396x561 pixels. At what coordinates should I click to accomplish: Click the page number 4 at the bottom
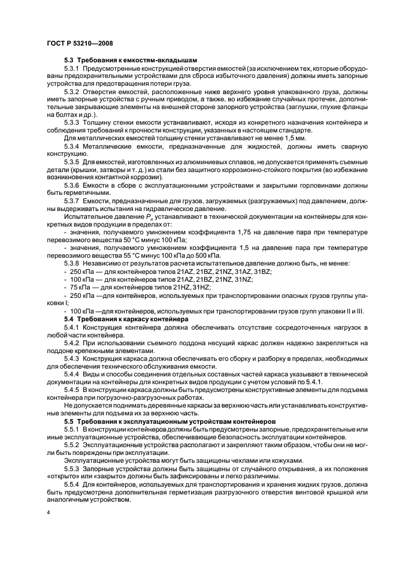(x=48, y=513)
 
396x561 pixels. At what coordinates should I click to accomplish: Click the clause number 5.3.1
(x=73, y=70)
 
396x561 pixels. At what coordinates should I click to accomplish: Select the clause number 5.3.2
(x=73, y=91)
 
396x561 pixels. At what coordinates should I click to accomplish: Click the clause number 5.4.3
(x=73, y=357)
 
